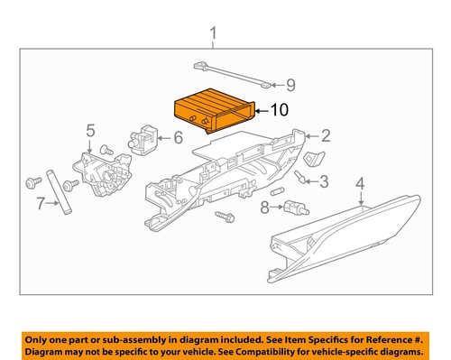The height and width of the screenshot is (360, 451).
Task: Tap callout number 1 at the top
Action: point(213,35)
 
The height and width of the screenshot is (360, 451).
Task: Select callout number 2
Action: point(326,136)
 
